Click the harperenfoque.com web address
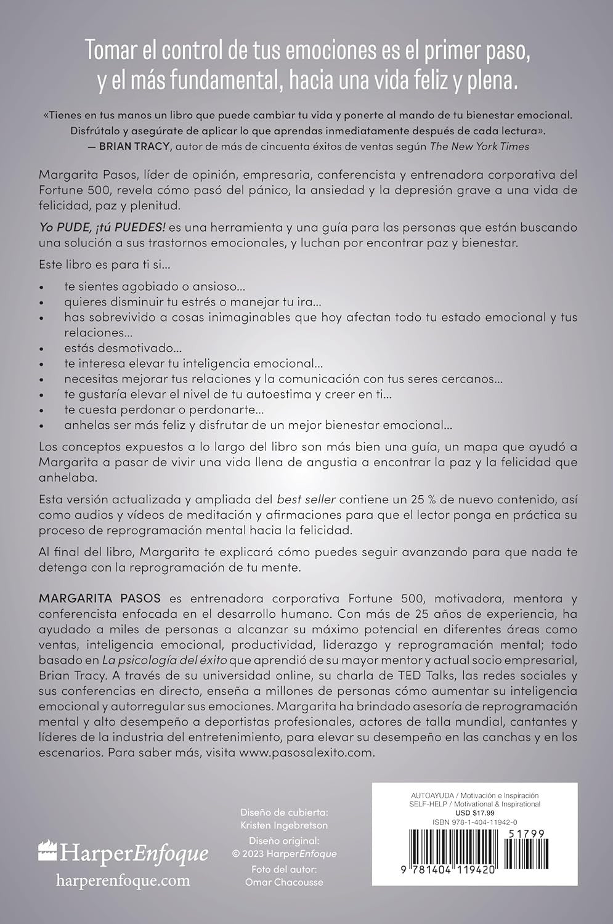click(x=123, y=880)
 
